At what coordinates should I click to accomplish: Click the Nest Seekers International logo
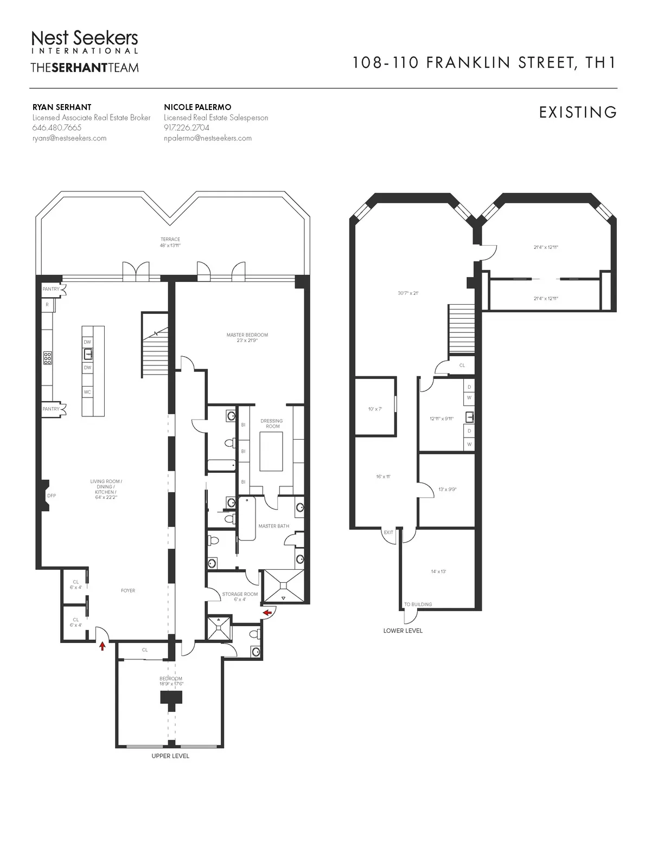click(85, 42)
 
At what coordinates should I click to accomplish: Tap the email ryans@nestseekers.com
click(69, 138)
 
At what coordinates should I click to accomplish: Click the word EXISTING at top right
click(578, 112)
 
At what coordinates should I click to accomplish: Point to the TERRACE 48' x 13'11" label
click(170, 242)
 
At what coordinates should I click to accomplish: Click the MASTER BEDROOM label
click(247, 337)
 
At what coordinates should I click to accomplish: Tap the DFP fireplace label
click(52, 496)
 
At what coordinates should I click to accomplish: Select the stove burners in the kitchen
click(48, 357)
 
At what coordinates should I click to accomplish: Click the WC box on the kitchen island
click(87, 391)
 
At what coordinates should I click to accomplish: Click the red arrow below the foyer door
click(102, 646)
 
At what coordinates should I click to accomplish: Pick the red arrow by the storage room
click(267, 613)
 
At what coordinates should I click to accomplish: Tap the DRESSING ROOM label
click(272, 423)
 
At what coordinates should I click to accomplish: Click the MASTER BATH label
click(273, 526)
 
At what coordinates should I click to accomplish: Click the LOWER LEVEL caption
click(403, 631)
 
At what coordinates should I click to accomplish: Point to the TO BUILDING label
click(418, 604)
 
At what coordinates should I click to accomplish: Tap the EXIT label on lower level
click(388, 532)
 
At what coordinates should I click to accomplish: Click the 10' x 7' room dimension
click(375, 409)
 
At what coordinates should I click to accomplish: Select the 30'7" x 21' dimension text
click(408, 293)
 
